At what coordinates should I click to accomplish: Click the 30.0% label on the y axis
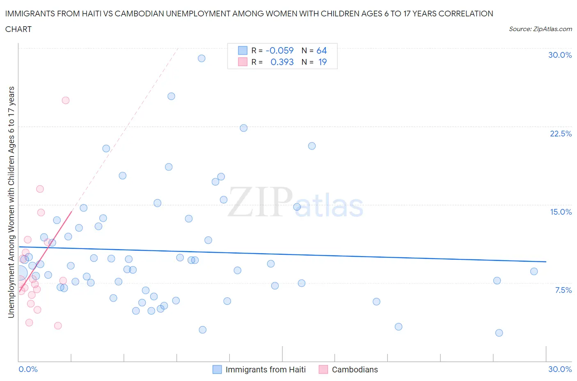[x=560, y=55]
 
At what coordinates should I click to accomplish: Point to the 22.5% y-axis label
[x=561, y=134]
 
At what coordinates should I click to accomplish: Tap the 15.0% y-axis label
[x=561, y=212]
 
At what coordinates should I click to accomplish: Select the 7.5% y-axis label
[x=563, y=290]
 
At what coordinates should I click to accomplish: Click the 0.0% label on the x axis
[x=28, y=369]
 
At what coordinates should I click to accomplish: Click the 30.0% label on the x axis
[x=560, y=369]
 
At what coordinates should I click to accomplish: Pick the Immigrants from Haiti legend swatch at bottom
[x=217, y=370]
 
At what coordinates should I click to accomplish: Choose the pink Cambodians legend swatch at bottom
[x=323, y=370]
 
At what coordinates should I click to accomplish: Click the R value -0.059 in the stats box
[x=279, y=50]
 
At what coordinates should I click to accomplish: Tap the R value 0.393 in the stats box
[x=282, y=62]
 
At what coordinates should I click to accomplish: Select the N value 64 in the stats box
[x=321, y=50]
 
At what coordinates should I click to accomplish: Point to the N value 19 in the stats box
[x=323, y=62]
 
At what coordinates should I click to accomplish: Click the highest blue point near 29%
[x=201, y=58]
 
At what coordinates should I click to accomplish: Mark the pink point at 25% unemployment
[x=66, y=100]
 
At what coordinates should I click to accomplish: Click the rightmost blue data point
[x=534, y=271]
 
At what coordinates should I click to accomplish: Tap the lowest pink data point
[x=58, y=326]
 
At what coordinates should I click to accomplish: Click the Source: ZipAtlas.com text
[x=540, y=29]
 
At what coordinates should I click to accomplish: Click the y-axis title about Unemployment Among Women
[x=11, y=202]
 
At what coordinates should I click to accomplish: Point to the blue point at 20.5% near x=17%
[x=312, y=146]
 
